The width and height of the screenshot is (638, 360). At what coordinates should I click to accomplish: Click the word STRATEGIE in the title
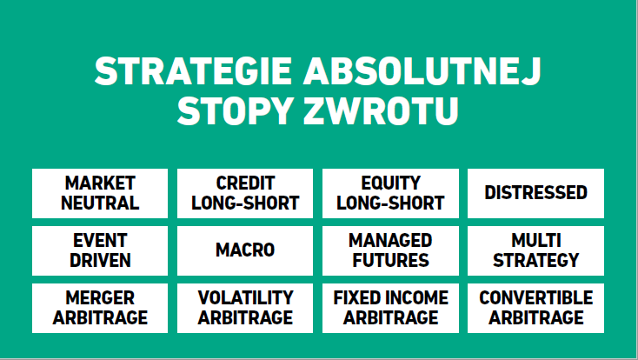(193, 70)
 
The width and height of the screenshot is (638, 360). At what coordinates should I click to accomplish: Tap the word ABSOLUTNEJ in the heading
(422, 70)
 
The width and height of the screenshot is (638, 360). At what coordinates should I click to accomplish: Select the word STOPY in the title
(236, 110)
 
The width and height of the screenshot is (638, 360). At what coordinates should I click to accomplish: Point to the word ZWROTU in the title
(382, 110)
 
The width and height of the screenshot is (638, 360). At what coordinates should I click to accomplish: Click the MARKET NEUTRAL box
(100, 193)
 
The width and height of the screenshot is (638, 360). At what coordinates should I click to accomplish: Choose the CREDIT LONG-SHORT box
(245, 193)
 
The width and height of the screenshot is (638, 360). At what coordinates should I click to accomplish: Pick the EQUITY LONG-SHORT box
(390, 193)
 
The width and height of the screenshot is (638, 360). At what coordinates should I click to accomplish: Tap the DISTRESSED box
(536, 193)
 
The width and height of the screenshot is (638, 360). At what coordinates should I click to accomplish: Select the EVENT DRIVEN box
(100, 250)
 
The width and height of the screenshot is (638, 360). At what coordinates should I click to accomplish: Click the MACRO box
(245, 250)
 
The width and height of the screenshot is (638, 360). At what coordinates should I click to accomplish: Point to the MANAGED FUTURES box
(390, 250)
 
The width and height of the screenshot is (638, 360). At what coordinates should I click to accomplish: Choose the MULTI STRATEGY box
(536, 250)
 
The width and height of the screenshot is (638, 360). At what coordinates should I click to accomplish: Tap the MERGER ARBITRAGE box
(100, 309)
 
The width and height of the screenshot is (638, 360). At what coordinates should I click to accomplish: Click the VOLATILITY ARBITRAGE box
(245, 309)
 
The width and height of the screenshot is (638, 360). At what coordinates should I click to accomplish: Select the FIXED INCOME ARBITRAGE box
(390, 309)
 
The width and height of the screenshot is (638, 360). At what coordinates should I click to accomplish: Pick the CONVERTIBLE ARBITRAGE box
(536, 309)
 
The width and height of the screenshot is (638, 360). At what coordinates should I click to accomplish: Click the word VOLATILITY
(245, 297)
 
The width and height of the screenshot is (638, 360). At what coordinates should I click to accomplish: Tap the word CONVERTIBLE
(536, 297)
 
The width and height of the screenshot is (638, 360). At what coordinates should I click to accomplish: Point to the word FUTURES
(390, 261)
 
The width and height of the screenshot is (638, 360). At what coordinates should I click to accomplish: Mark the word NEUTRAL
(100, 203)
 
